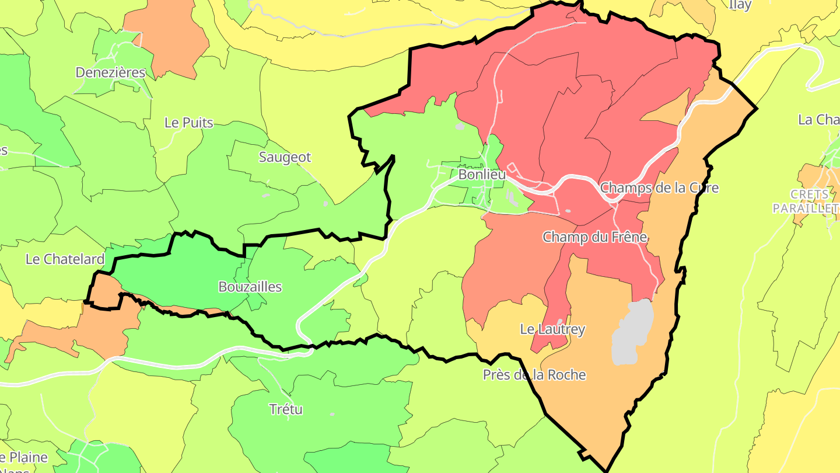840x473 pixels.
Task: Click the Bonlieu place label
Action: [481, 175]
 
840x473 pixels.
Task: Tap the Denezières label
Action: [110, 73]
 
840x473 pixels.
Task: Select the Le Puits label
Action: [189, 123]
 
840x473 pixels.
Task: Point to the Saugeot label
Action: [285, 157]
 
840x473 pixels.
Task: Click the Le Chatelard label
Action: [65, 259]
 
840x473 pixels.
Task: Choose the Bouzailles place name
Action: [250, 287]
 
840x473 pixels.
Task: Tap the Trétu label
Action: [286, 409]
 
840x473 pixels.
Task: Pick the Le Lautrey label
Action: [552, 329]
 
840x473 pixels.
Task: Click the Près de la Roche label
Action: [534, 375]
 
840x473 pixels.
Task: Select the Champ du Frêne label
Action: [594, 237]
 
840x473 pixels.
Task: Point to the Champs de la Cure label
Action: [659, 188]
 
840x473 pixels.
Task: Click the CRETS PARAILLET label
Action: [805, 201]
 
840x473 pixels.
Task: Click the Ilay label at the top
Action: [740, 5]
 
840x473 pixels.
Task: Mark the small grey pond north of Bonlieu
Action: [460, 126]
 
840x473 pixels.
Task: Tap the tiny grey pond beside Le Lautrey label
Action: [559, 321]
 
